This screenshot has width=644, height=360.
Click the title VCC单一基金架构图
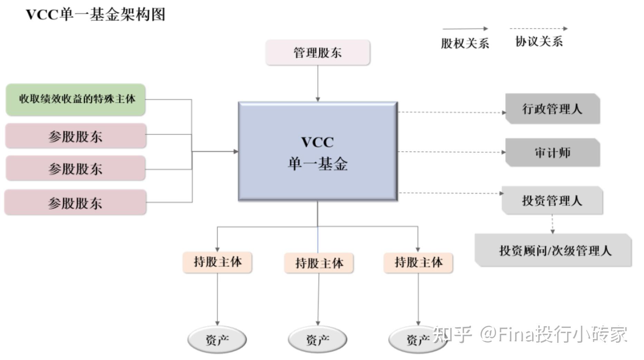click(x=96, y=14)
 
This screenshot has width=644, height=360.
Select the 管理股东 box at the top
click(x=317, y=52)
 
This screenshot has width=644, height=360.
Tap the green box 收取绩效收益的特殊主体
click(x=76, y=99)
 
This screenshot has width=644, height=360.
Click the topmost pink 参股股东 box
click(x=76, y=136)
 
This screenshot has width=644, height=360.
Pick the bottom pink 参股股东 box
click(x=75, y=203)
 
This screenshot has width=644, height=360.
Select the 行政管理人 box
click(x=552, y=109)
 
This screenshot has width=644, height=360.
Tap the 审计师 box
click(x=552, y=152)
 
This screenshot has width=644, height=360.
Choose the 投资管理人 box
click(x=552, y=201)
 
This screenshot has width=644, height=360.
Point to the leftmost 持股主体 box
click(x=217, y=262)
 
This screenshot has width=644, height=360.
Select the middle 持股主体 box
click(x=319, y=263)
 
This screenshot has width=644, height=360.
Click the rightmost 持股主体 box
click(x=418, y=262)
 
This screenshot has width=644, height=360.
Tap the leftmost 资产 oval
click(x=217, y=340)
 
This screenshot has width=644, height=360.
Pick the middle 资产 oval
click(x=318, y=340)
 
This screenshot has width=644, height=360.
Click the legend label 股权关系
click(x=465, y=43)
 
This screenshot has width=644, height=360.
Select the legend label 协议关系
click(x=539, y=41)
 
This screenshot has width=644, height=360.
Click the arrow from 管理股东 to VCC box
click(x=318, y=83)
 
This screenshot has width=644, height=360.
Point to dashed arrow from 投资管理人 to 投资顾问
click(x=552, y=224)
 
